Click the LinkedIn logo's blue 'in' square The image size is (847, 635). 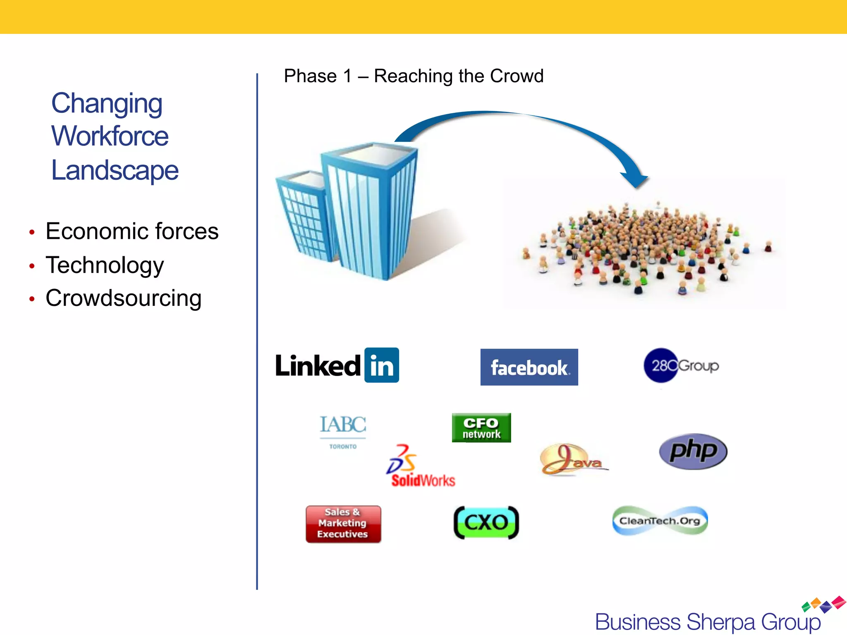pyautogui.click(x=381, y=365)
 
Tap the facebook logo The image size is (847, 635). pyautogui.click(x=529, y=367)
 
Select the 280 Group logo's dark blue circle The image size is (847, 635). pyautogui.click(x=660, y=365)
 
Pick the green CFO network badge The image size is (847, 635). pyautogui.click(x=481, y=428)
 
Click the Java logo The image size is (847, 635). pyautogui.click(x=573, y=460)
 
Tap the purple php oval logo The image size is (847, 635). pyautogui.click(x=693, y=451)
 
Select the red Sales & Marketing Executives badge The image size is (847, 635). pyautogui.click(x=343, y=524)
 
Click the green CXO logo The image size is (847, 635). pyautogui.click(x=486, y=523)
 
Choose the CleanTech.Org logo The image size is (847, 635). pyautogui.click(x=660, y=521)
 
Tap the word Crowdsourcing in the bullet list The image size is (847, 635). pyautogui.click(x=123, y=298)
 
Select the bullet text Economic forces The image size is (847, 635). pyautogui.click(x=132, y=231)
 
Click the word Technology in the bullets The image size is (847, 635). pyautogui.click(x=105, y=265)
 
